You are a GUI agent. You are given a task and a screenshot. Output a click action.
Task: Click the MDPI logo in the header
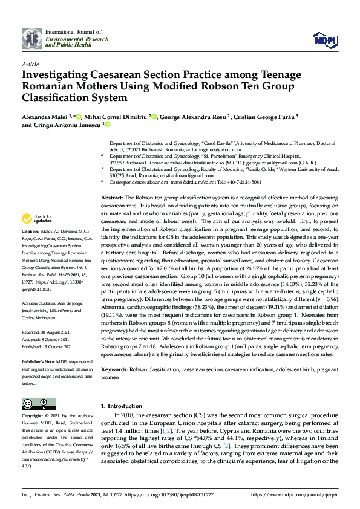pyautogui.click(x=324, y=40)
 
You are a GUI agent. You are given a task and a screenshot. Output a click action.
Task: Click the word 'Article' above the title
pyautogui.click(x=30, y=63)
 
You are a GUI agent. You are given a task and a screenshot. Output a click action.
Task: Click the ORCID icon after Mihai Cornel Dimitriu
pyautogui.click(x=154, y=117)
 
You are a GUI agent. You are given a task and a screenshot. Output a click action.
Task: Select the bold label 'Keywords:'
pyautogui.click(x=114, y=368)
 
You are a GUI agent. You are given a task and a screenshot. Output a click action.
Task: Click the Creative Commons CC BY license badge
pyautogui.click(x=35, y=403)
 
